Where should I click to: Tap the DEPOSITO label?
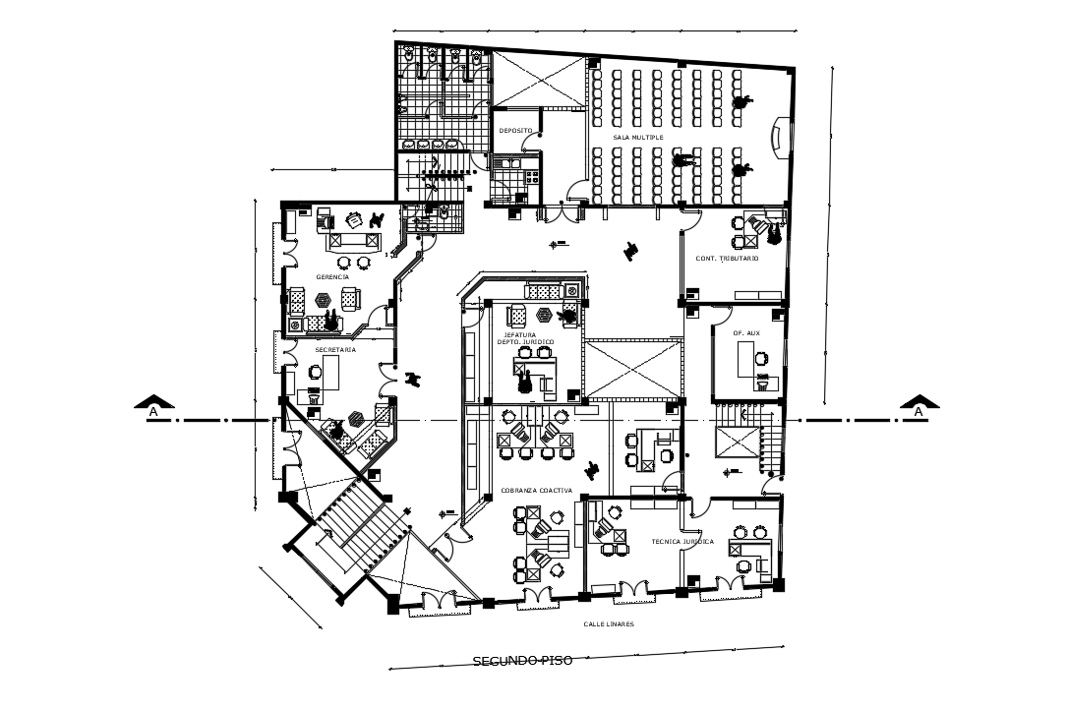pyautogui.click(x=514, y=131)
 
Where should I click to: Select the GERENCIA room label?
pyautogui.click(x=332, y=277)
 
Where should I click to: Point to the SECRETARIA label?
pyautogui.click(x=334, y=349)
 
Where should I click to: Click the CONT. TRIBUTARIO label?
pyautogui.click(x=727, y=258)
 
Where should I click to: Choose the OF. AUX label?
pyautogui.click(x=745, y=333)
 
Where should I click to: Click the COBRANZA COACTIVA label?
pyautogui.click(x=536, y=490)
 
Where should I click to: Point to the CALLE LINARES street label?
pyautogui.click(x=608, y=624)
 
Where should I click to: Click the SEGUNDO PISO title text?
pyautogui.click(x=522, y=661)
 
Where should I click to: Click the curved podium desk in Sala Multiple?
pyautogui.click(x=781, y=137)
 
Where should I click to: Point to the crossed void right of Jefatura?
pyautogui.click(x=632, y=370)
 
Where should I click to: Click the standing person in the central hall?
pyautogui.click(x=629, y=251)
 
